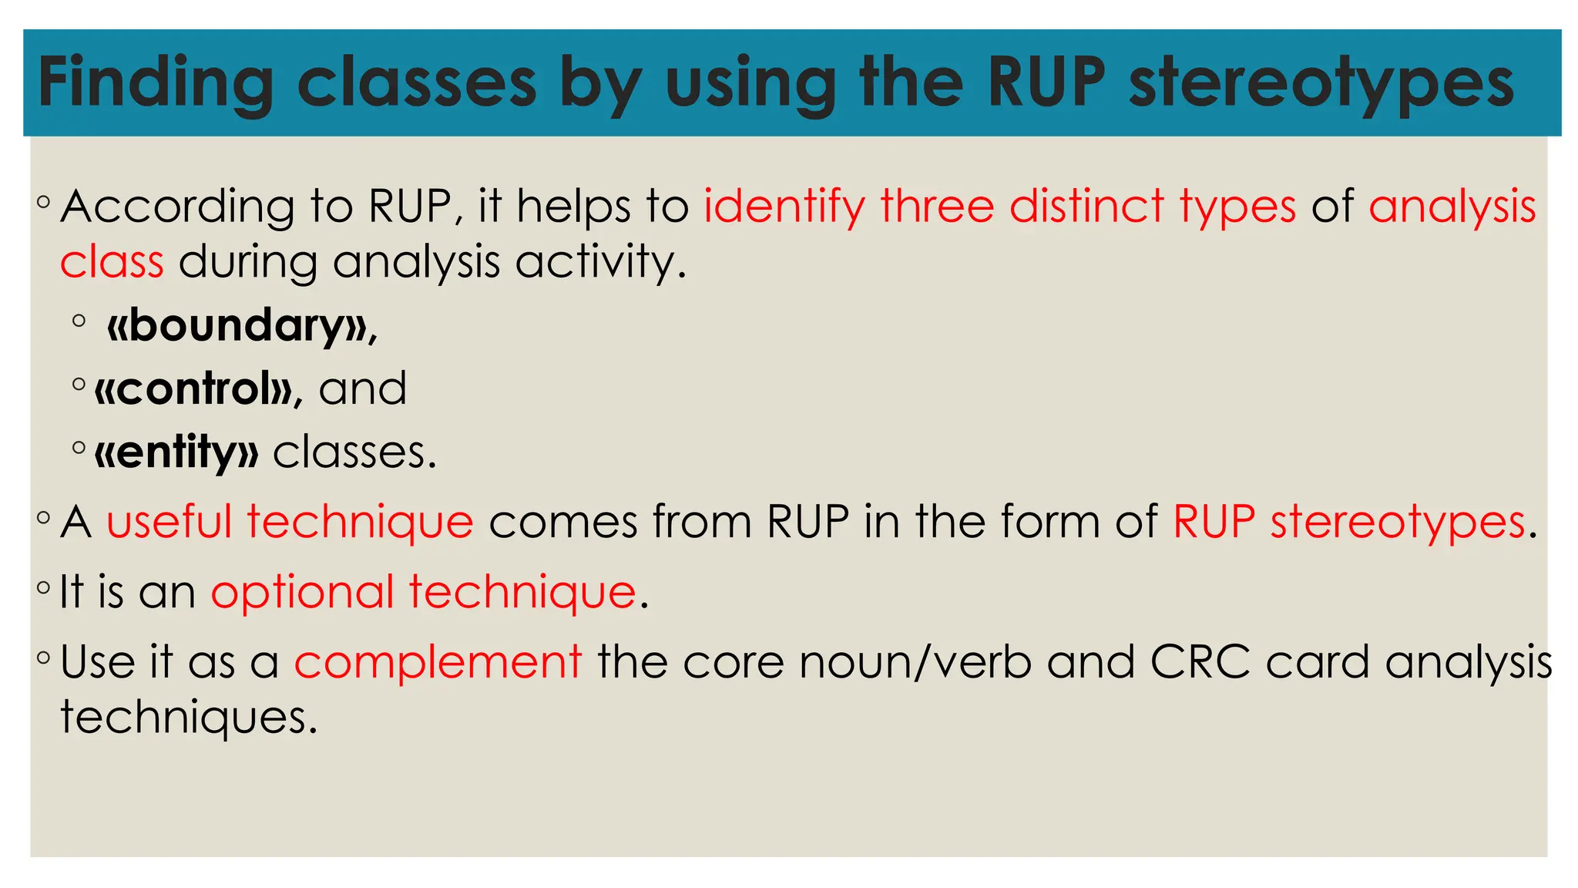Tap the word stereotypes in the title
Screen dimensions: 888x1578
pos(1321,83)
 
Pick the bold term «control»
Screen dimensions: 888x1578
pos(193,388)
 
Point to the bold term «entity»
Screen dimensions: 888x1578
pos(176,452)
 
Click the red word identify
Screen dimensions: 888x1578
pos(784,207)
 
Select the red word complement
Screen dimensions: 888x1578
pos(438,662)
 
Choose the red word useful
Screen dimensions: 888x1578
pos(169,522)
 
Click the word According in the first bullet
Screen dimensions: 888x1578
pos(177,207)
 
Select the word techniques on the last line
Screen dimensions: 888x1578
pos(188,718)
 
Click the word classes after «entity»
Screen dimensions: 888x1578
pos(354,452)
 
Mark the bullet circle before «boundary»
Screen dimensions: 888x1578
pos(79,321)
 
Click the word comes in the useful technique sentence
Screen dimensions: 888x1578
pos(563,522)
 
